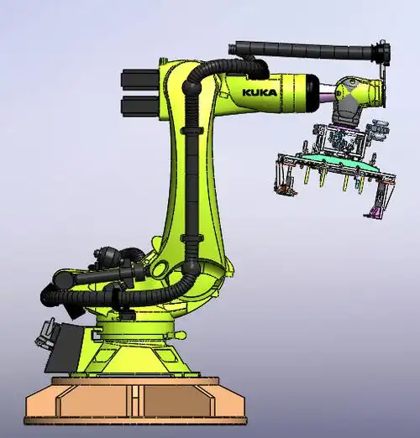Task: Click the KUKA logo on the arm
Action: tap(260, 92)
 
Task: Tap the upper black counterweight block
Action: tap(140, 80)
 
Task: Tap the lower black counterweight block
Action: tap(140, 107)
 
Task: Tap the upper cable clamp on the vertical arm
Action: tap(192, 130)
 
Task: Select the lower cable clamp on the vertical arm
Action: tap(192, 238)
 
